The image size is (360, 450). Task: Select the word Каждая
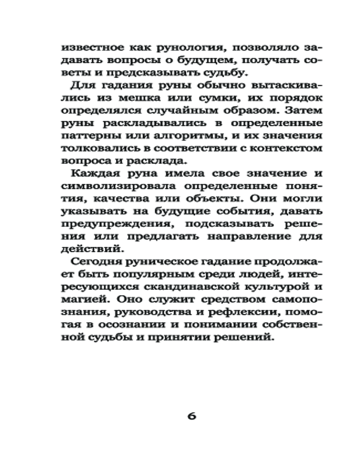point(93,174)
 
